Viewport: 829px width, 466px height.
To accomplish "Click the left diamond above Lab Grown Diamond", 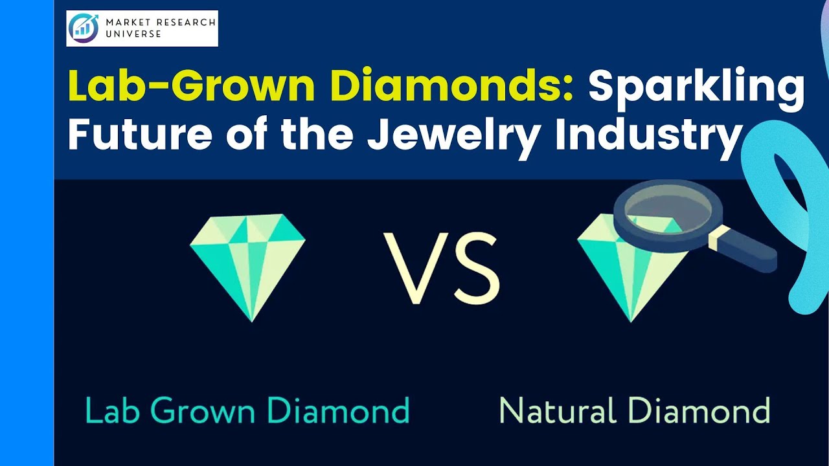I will pos(247,265).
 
